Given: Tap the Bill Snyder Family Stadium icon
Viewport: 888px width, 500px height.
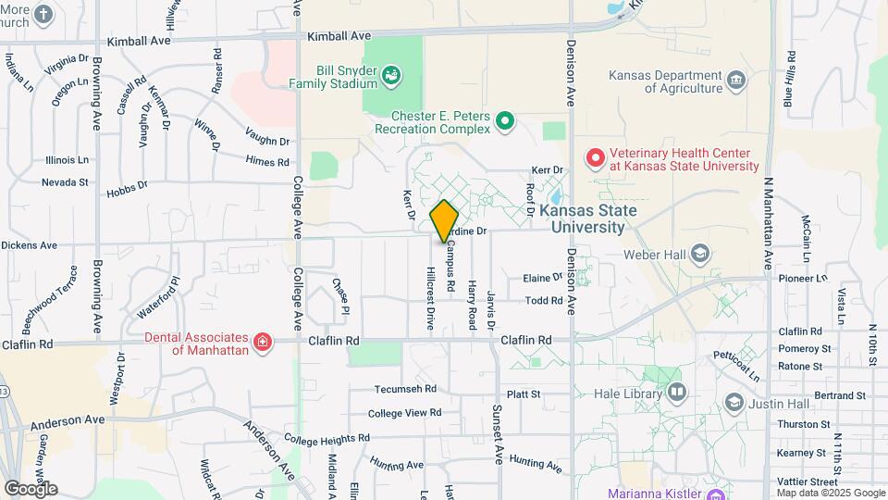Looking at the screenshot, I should [391, 74].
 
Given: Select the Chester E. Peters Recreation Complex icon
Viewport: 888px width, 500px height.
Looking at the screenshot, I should [505, 120].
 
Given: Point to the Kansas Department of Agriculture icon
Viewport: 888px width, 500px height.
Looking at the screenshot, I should [737, 80].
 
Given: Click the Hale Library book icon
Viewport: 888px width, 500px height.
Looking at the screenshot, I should [677, 394].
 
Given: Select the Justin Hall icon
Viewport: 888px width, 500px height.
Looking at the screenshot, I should [734, 402].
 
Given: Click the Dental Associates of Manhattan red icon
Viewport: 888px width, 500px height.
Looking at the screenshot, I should [263, 344].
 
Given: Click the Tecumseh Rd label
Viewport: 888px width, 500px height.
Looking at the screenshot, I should [405, 390].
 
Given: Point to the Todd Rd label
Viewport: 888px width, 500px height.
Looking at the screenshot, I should [544, 300].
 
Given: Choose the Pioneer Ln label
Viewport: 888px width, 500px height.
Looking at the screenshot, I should [802, 278].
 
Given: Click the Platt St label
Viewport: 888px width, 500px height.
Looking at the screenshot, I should [523, 394].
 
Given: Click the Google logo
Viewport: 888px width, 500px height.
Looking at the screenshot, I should [31, 489].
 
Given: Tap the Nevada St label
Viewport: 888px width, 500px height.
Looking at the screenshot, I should [65, 182].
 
